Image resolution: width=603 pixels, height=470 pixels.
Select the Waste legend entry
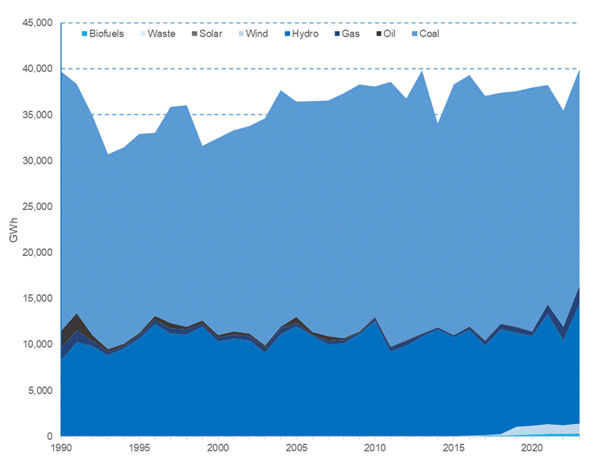[161, 33]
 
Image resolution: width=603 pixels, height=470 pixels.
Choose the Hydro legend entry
[303, 33]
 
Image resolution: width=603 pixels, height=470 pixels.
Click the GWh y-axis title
[13, 231]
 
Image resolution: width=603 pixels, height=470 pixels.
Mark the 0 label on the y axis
[48, 437]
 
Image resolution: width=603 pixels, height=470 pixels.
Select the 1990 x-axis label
[61, 449]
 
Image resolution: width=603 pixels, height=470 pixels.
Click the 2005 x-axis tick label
[296, 449]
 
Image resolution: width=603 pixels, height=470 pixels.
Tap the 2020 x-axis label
[531, 449]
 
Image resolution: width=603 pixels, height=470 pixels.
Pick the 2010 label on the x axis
[374, 449]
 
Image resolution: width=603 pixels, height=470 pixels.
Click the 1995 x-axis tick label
[139, 449]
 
